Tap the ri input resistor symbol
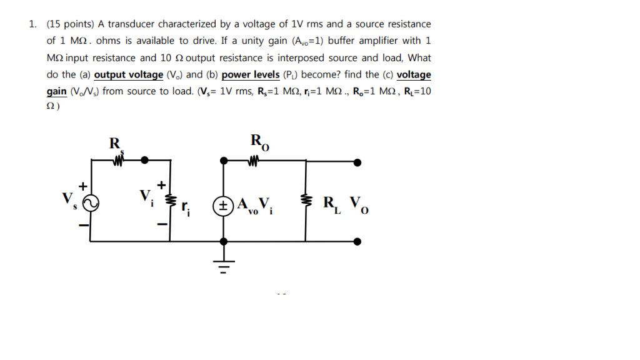click(167, 201)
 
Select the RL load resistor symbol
click(306, 201)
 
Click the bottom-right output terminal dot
click(357, 241)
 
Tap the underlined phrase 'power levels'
click(251, 74)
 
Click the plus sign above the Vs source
click(82, 186)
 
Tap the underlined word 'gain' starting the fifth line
click(57, 91)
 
